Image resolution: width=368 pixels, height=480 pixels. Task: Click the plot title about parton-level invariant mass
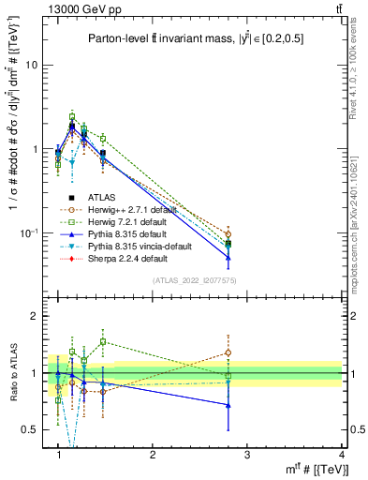194,38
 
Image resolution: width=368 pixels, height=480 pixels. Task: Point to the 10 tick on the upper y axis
32,65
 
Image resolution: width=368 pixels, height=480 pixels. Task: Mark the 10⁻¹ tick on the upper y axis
28,232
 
